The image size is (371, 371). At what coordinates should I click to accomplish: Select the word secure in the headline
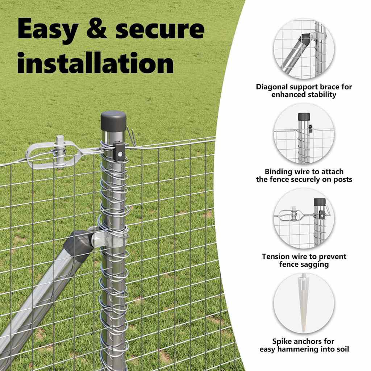pos(160,30)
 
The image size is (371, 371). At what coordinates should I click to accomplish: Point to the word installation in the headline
pos(96,62)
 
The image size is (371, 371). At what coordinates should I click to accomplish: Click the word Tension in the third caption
pos(276,257)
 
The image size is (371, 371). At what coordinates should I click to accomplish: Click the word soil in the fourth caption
pos(343,349)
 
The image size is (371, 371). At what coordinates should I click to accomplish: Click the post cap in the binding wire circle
pos(304,117)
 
